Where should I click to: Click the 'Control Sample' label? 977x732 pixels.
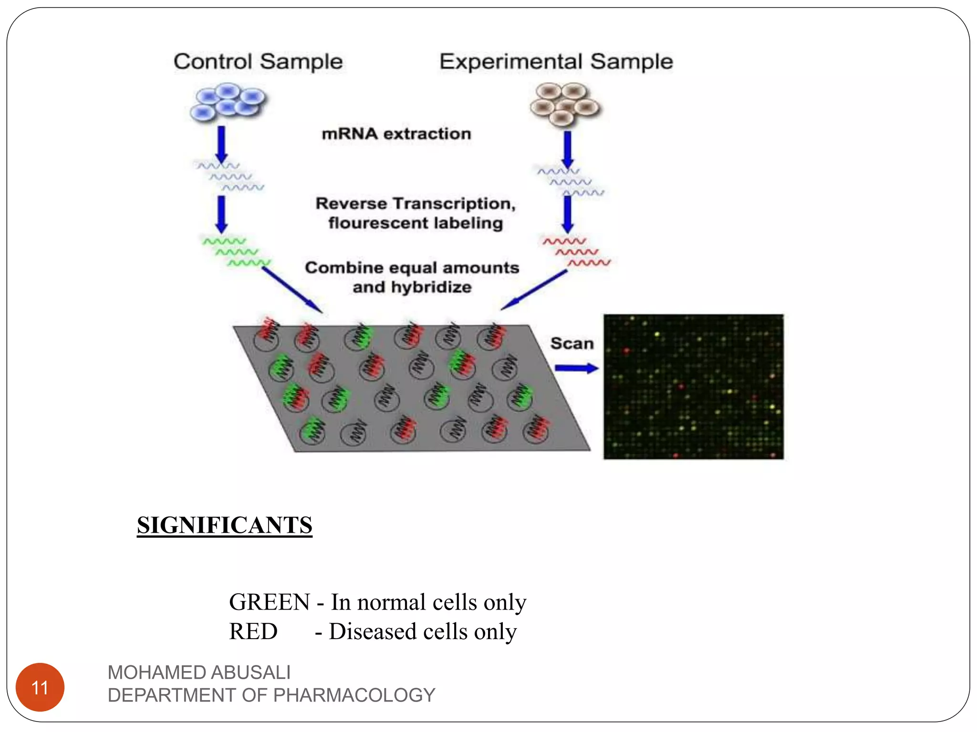pos(258,61)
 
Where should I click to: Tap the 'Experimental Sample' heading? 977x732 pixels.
pos(556,61)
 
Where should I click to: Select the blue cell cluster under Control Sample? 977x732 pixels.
pos(228,102)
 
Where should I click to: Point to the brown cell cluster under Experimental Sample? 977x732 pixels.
pos(565,104)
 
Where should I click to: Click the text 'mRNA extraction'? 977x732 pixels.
pos(396,134)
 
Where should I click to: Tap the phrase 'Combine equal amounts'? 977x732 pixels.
pos(412,268)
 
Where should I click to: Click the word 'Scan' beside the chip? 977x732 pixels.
pos(572,344)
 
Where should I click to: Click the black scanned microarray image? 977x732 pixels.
pos(693,386)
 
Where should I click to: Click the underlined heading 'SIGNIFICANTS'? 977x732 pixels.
pos(224,525)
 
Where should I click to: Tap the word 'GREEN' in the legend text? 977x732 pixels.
pos(270,602)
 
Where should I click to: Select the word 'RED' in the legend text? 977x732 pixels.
pos(253,631)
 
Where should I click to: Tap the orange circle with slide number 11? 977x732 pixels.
pos(40,687)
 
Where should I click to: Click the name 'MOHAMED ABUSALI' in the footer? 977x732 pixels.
pos(199,672)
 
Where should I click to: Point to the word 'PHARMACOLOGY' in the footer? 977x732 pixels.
pos(354,695)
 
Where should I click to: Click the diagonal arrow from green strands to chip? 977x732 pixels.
pos(292,290)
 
